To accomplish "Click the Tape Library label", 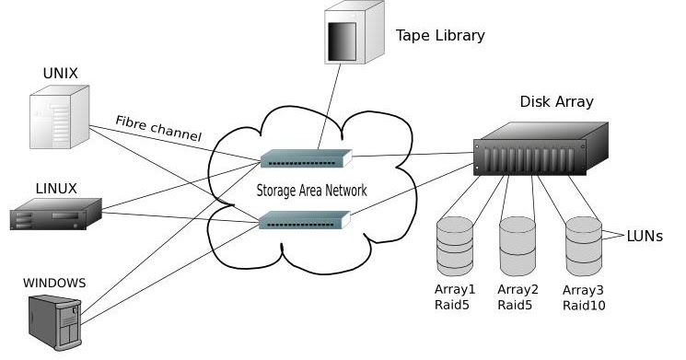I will (440, 36).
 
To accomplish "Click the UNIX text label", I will (61, 73).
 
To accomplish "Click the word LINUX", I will (56, 189).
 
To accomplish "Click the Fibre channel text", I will (158, 128).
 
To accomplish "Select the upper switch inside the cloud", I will (305, 159).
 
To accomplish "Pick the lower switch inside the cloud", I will (305, 219).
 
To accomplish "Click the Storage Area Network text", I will (312, 191).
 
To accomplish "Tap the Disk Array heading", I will (556, 101).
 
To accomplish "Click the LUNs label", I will (645, 236).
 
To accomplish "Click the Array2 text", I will (517, 289).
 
